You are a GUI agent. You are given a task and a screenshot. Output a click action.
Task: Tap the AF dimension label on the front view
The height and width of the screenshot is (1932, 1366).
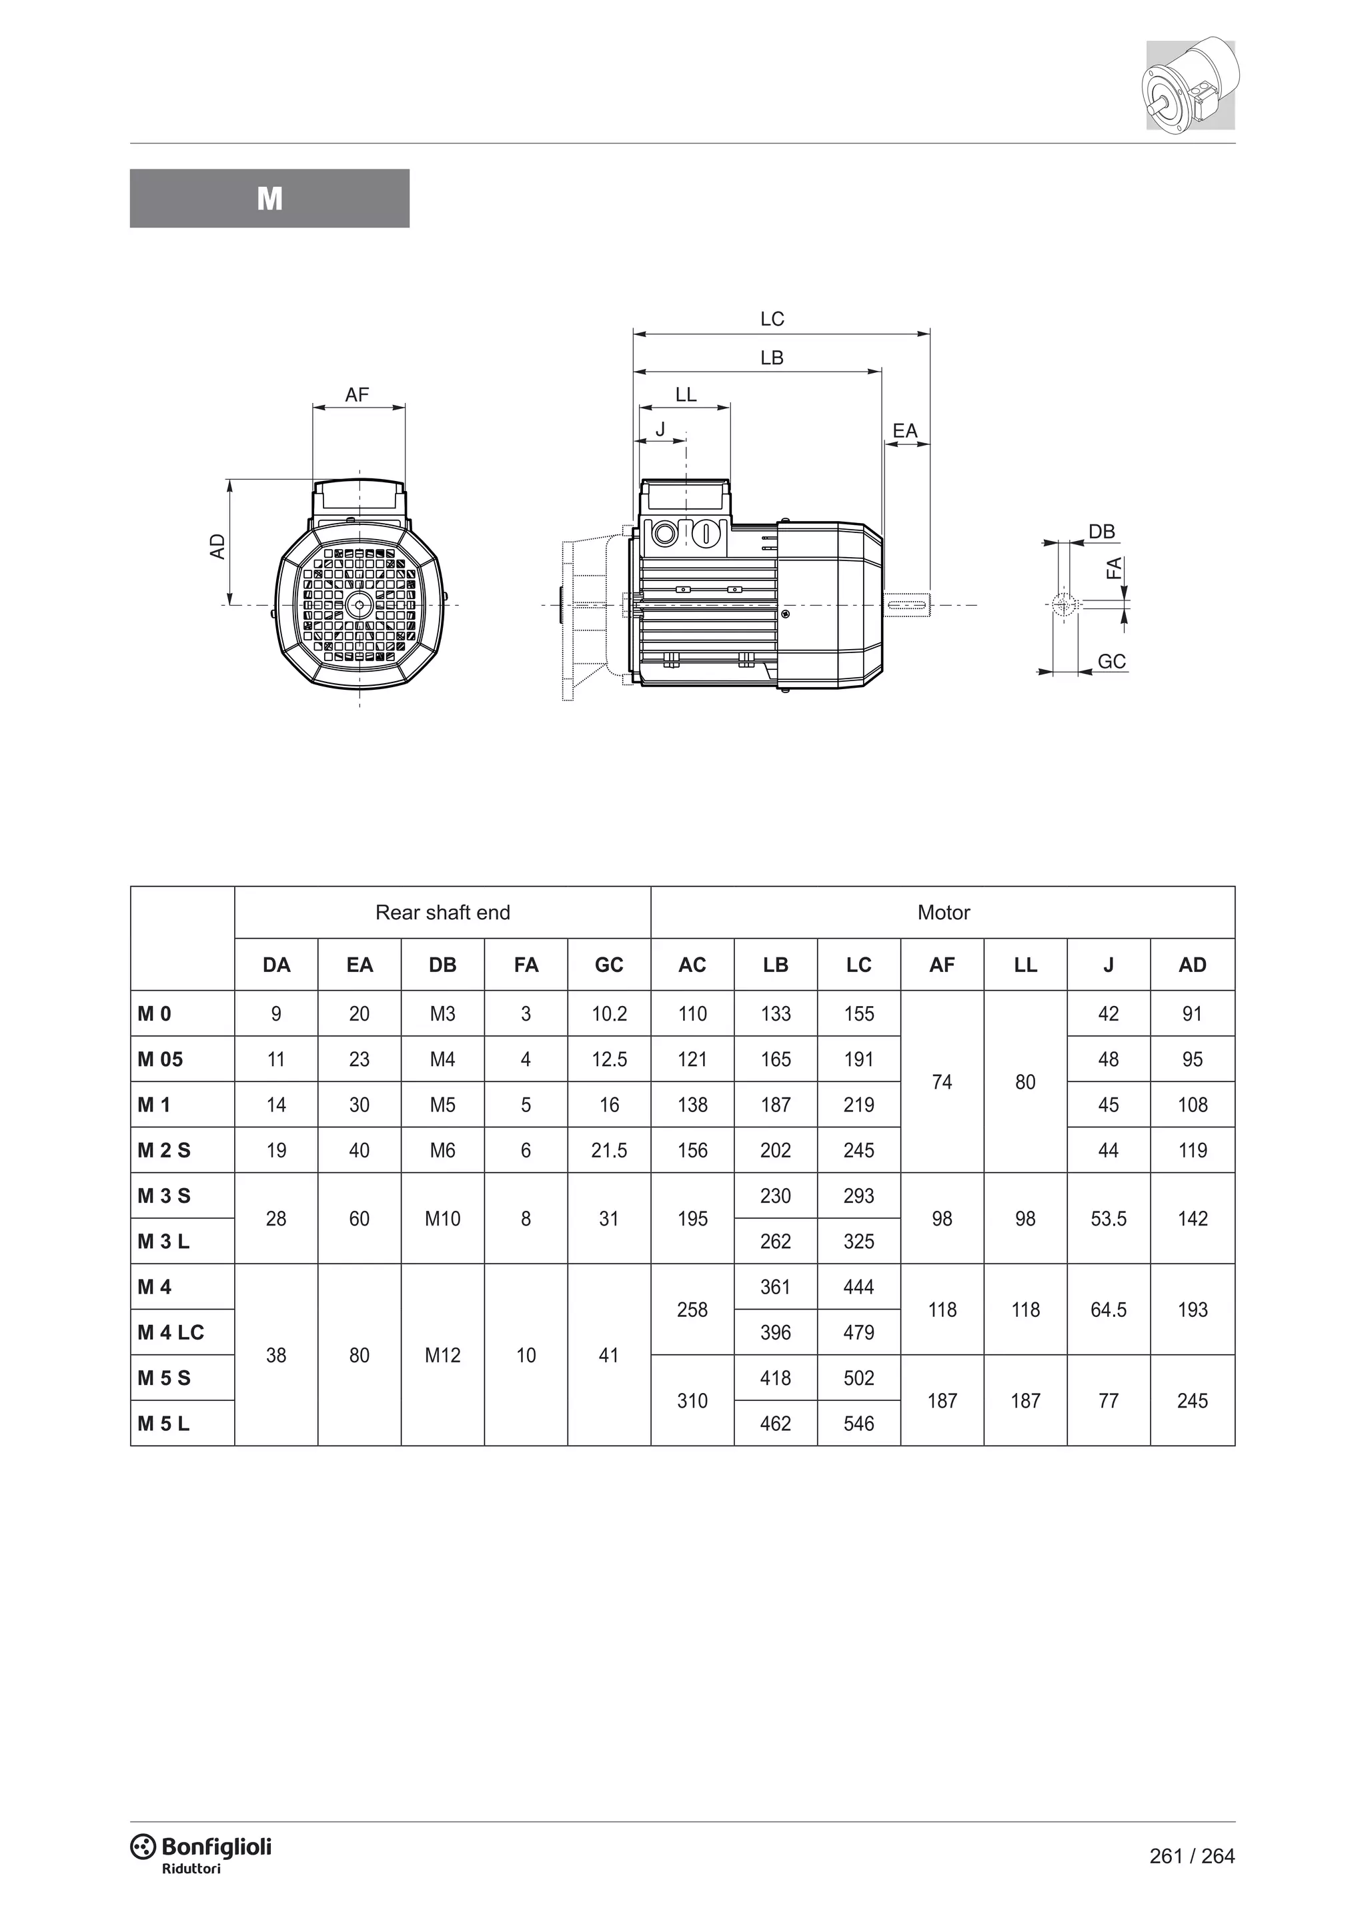click(x=357, y=395)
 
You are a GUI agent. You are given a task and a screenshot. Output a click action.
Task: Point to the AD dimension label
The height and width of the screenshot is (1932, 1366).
click(x=218, y=546)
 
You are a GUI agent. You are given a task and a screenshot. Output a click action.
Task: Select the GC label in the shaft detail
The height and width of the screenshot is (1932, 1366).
click(x=1111, y=661)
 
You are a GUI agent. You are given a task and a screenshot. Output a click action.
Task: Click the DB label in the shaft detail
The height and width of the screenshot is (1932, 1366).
click(x=1101, y=532)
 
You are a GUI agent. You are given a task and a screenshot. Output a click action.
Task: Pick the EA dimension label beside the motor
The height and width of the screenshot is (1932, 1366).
click(x=905, y=431)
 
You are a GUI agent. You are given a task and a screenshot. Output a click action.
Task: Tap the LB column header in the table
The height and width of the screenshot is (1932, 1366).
click(x=776, y=965)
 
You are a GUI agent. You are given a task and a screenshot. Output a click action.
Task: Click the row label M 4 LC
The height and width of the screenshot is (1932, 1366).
click(x=171, y=1332)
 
